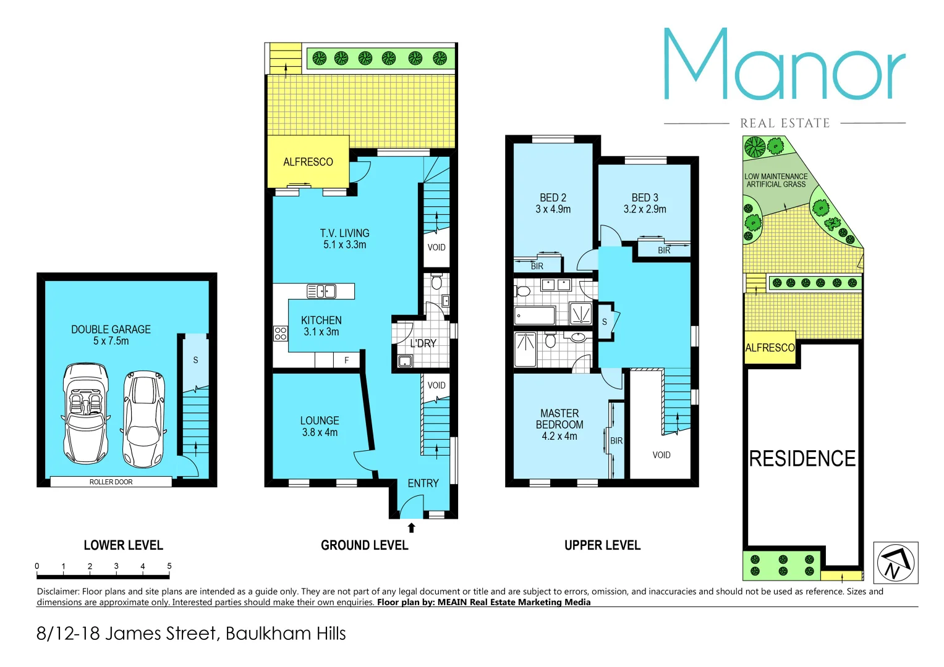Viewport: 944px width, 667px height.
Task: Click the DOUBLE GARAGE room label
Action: click(111, 330)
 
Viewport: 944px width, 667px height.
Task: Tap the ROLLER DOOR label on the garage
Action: click(111, 482)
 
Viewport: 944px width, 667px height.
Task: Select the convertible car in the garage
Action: click(86, 413)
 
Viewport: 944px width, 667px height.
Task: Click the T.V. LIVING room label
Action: click(344, 233)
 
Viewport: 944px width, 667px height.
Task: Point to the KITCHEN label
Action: click(321, 321)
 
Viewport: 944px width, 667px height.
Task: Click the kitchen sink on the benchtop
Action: click(321, 291)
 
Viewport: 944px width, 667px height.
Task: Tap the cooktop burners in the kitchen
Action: click(280, 333)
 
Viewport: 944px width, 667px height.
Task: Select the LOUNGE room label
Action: click(320, 421)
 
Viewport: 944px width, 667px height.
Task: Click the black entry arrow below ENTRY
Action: click(411, 528)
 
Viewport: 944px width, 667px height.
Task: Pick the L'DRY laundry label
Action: click(423, 343)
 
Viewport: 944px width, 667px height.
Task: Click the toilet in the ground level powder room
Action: click(436, 282)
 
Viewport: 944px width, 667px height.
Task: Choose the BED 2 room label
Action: click(553, 198)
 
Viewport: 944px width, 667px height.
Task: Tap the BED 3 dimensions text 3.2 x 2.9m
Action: click(645, 209)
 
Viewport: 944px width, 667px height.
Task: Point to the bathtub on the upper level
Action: click(534, 316)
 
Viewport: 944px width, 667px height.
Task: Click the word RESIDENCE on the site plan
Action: click(802, 459)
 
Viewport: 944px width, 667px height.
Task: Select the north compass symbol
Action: click(895, 563)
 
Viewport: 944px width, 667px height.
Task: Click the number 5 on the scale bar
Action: click(169, 566)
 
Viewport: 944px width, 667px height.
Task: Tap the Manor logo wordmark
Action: click(784, 65)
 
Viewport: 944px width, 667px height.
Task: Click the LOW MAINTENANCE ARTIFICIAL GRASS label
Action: click(776, 180)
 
